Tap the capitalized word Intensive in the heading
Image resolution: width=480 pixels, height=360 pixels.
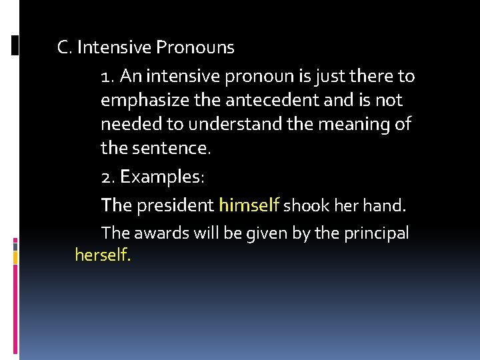pos(114,48)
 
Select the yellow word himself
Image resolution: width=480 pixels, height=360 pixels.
pos(249,205)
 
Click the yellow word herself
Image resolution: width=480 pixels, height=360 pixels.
pos(103,254)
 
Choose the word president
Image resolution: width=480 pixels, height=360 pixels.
pos(175,205)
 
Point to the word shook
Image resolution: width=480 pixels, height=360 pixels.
pos(303,205)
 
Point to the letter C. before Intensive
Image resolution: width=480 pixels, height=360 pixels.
pos(65,48)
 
